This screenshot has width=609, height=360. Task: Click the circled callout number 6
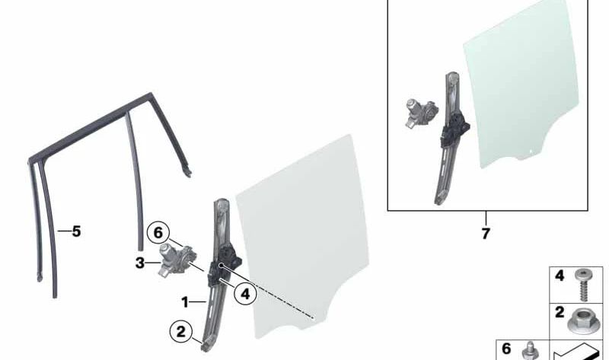pos(158,233)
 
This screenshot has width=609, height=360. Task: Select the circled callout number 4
pos(245,295)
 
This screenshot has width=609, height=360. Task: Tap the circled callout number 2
pos(181,332)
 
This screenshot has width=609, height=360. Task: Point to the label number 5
pos(76,231)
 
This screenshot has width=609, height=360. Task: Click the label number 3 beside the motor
pos(140,263)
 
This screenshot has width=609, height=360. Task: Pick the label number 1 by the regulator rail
pos(185,301)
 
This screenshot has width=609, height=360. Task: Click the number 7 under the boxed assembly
pos(486,234)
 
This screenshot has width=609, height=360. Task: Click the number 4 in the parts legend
pos(560,276)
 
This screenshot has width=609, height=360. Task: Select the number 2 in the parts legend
pos(560,312)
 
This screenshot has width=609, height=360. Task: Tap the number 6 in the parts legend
pos(506,349)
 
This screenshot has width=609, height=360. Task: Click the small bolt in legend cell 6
pos(530,351)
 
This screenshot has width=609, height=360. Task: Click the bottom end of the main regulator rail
pos(206,348)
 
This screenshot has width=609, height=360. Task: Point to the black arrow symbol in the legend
pos(578,352)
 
